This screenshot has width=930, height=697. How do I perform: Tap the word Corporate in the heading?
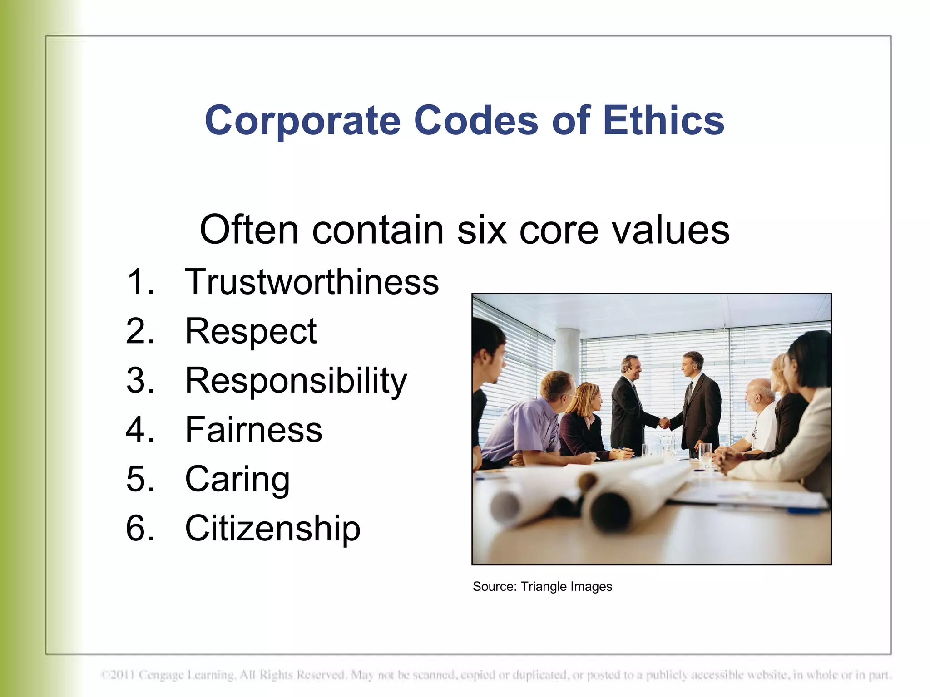pyautogui.click(x=302, y=121)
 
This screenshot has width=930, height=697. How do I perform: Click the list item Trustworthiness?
pyautogui.click(x=312, y=282)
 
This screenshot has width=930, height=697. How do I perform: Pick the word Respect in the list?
pyautogui.click(x=251, y=332)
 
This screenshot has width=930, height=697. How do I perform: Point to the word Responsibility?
pyautogui.click(x=296, y=381)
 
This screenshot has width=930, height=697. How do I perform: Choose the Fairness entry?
pyautogui.click(x=253, y=430)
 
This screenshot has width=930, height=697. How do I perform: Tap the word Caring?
pyautogui.click(x=237, y=479)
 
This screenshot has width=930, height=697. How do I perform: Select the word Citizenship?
pyautogui.click(x=272, y=529)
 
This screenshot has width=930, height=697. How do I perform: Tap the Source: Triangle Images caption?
pyautogui.click(x=542, y=586)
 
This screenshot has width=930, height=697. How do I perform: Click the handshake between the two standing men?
pyautogui.click(x=664, y=423)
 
